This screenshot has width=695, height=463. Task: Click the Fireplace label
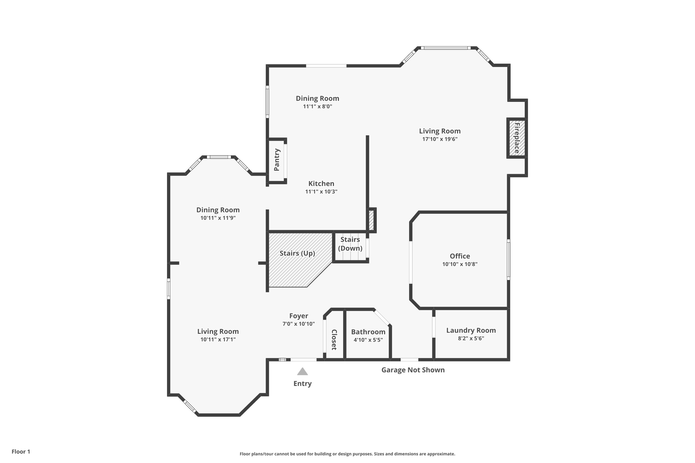click(x=516, y=138)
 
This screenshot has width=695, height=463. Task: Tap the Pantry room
click(x=277, y=160)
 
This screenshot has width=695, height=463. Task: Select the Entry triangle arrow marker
click(x=302, y=372)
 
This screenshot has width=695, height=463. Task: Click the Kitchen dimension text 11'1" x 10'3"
click(x=321, y=192)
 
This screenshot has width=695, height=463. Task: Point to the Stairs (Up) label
click(x=297, y=253)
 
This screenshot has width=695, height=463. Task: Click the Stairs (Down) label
click(x=350, y=244)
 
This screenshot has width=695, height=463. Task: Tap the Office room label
click(x=460, y=256)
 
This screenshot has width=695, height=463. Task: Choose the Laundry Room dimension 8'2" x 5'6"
click(x=471, y=338)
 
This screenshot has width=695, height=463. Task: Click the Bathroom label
click(x=368, y=332)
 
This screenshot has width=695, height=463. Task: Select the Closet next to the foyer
click(x=334, y=339)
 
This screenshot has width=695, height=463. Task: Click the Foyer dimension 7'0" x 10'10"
click(x=299, y=324)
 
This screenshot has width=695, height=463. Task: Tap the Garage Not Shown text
click(x=413, y=370)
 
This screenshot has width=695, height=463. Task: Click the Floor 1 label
click(x=21, y=451)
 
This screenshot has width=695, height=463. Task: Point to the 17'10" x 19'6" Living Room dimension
click(x=439, y=139)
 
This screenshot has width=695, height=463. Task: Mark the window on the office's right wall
click(x=508, y=259)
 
